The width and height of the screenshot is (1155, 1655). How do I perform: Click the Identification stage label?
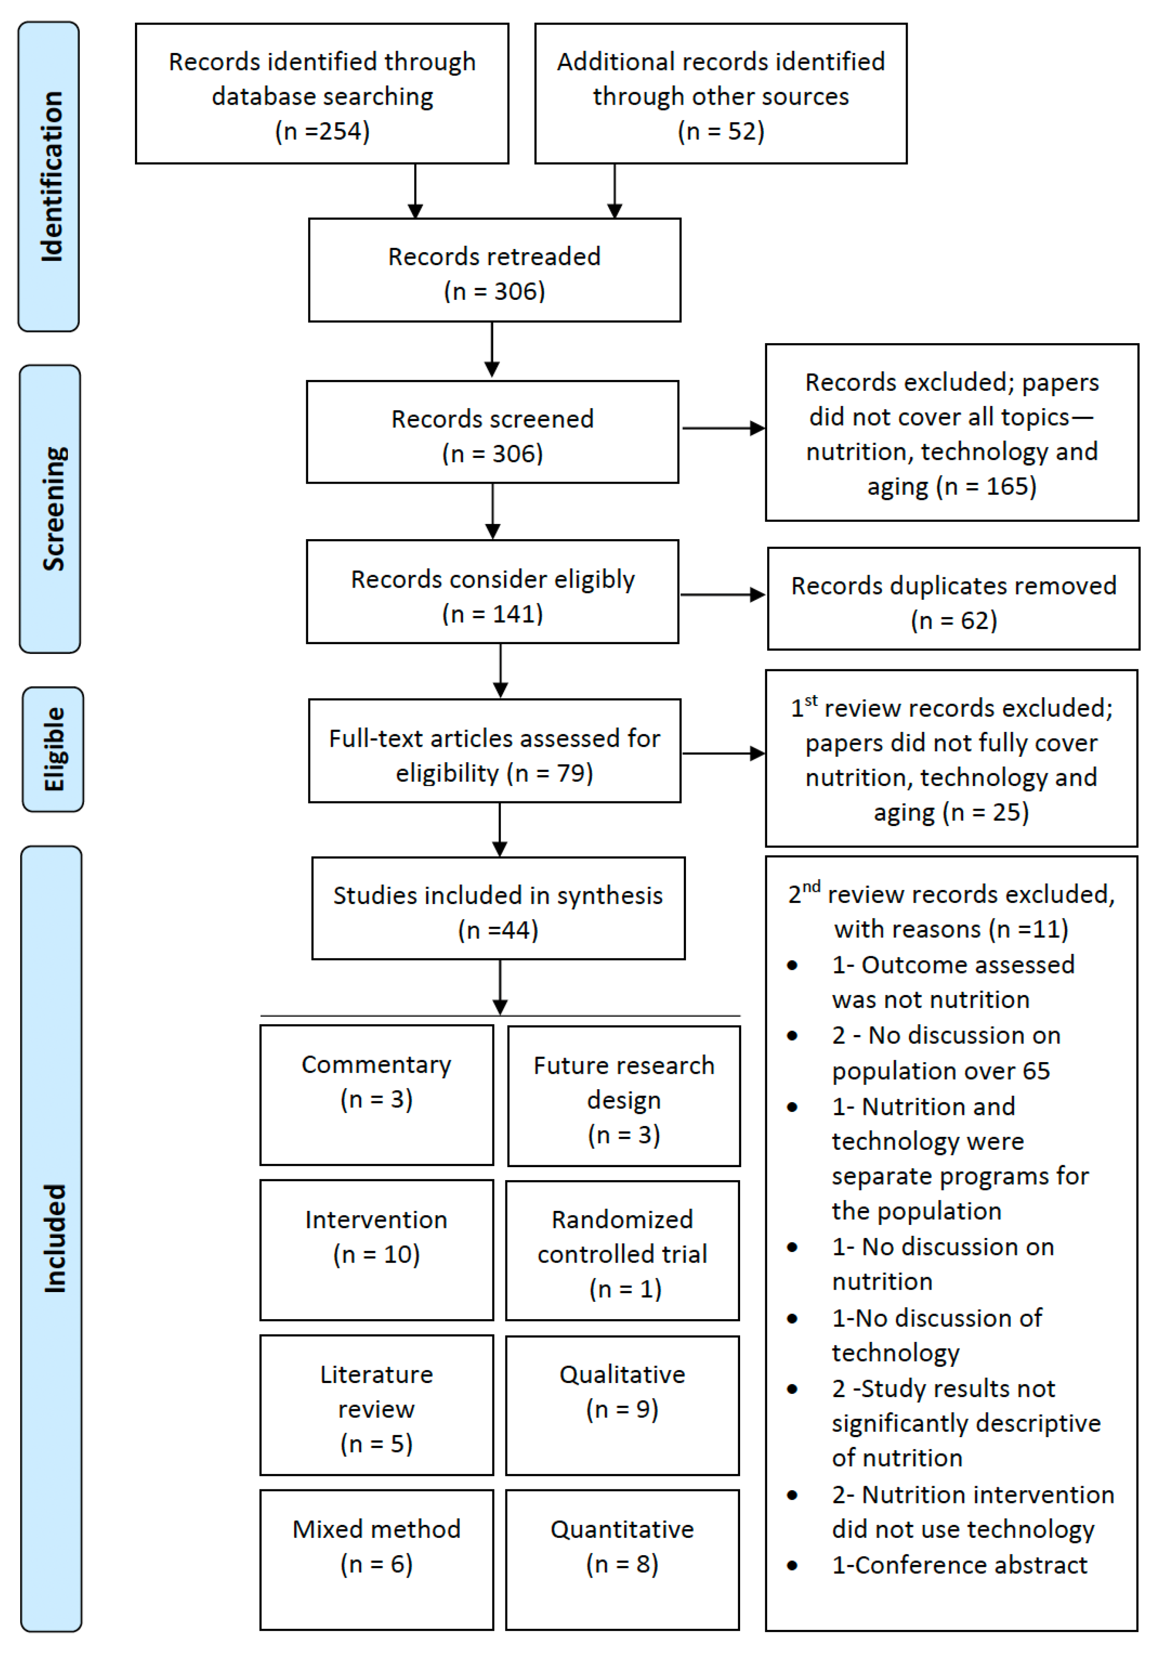pos(49,177)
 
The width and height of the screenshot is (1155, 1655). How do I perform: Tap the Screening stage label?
pos(50,509)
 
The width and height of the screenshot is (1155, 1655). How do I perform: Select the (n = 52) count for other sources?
pos(721,131)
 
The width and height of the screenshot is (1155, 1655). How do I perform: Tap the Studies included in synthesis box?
pos(498,908)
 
